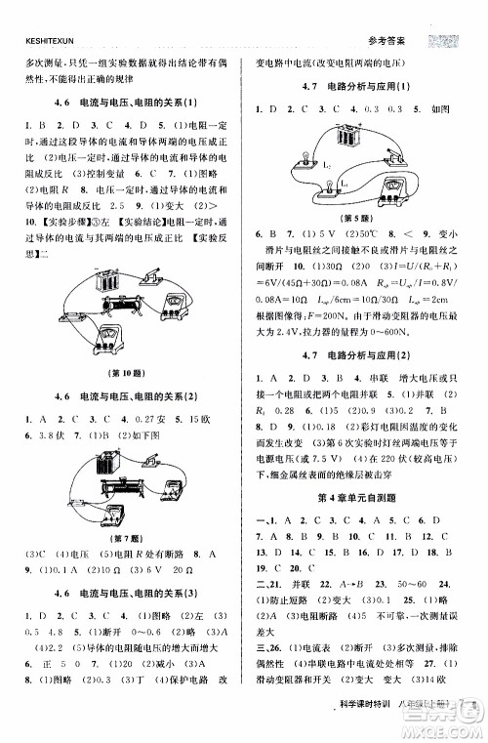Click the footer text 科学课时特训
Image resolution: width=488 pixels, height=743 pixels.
click(368, 720)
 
